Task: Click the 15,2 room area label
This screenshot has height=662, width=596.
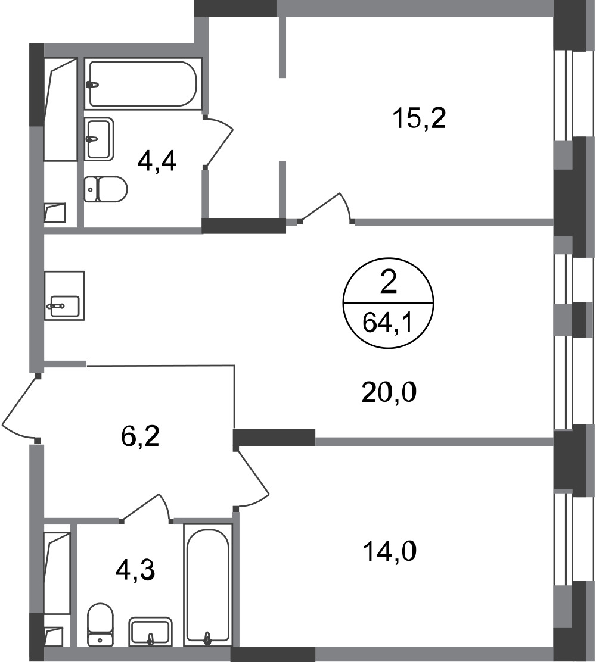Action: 419,118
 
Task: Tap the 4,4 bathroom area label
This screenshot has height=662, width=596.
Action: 157,161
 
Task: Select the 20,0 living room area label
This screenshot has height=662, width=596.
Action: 389,392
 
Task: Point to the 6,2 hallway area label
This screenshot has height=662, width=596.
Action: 140,436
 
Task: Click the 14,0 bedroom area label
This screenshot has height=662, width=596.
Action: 390,552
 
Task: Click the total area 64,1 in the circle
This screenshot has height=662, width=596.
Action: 387,324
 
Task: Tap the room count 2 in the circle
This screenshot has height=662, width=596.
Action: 389,282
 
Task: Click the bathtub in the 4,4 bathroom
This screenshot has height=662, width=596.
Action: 143,84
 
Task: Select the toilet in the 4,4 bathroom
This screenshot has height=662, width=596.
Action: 105,189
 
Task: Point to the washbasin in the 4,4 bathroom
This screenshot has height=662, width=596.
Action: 99,139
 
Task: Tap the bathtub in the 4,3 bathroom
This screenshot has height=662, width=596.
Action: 208,585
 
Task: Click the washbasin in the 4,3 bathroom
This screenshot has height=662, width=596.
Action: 150,632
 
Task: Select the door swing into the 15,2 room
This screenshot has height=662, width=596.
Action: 326,208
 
